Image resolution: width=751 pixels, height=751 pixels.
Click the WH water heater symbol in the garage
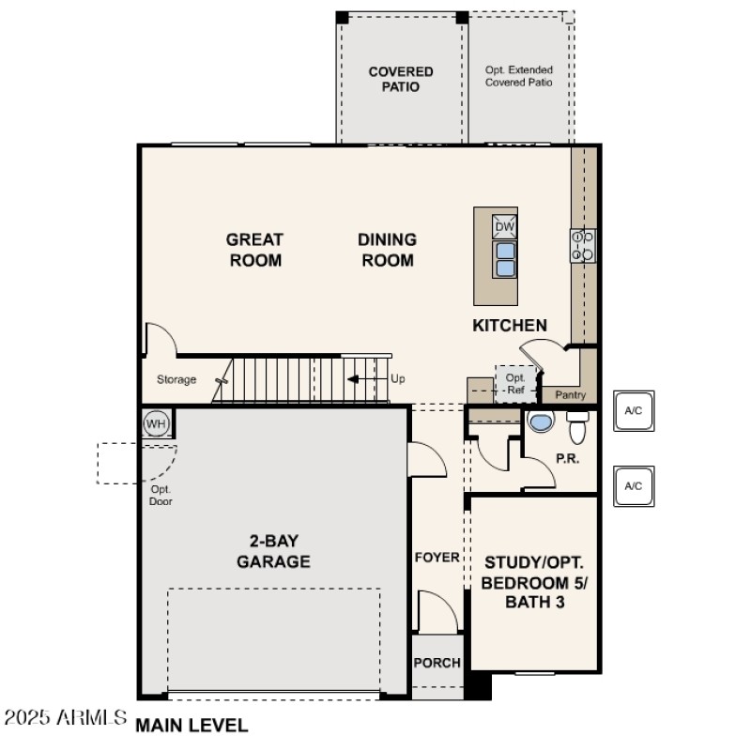156,424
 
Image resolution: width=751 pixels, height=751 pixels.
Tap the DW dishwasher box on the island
505,227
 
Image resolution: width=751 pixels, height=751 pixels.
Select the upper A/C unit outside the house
634,411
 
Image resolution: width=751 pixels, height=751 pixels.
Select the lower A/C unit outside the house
634,485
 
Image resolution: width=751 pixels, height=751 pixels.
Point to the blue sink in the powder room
541,421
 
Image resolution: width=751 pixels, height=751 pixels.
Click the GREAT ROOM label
254,250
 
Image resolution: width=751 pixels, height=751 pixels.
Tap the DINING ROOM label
387,250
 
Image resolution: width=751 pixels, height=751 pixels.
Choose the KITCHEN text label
509,326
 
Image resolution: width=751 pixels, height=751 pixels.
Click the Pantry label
571,395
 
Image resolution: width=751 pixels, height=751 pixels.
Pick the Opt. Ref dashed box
515,384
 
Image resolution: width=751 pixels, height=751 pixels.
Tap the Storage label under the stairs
176,380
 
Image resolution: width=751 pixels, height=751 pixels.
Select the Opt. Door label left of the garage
161,495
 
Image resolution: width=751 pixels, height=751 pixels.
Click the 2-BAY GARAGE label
273,551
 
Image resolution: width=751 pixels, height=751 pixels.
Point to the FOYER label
437,558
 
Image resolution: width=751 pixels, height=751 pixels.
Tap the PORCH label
437,663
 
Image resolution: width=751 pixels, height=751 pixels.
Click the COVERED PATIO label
401,79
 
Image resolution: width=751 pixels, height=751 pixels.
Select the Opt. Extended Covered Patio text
519,76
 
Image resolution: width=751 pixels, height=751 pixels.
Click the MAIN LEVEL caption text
192,725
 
